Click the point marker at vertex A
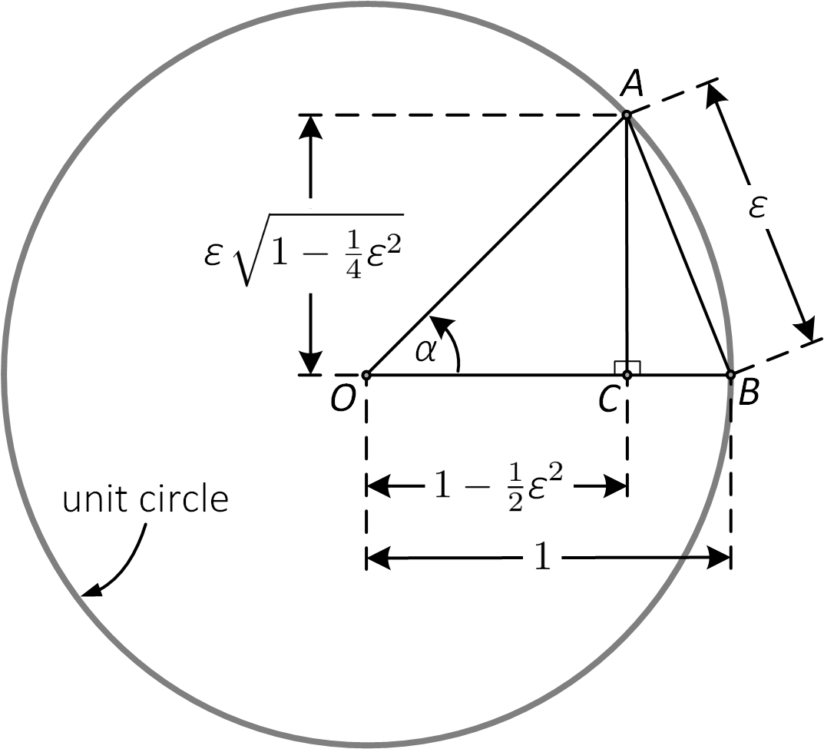(x=627, y=115)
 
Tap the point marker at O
(x=366, y=376)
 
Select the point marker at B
(x=730, y=375)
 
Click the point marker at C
(x=627, y=375)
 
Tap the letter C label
(x=609, y=398)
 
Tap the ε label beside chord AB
(x=757, y=208)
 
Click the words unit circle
(x=146, y=499)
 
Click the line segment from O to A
(x=496, y=246)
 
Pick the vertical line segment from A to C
(x=627, y=246)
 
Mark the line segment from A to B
(x=678, y=245)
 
